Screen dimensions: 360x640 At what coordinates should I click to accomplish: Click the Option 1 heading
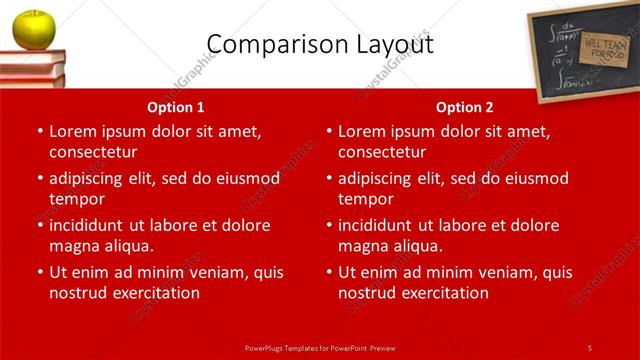point(176,107)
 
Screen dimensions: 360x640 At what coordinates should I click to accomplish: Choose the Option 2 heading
point(465,107)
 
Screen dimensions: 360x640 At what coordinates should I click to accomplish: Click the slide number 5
point(590,347)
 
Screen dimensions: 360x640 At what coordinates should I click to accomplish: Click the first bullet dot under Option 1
point(39,131)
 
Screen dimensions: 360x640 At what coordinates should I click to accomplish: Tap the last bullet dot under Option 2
point(328,272)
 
